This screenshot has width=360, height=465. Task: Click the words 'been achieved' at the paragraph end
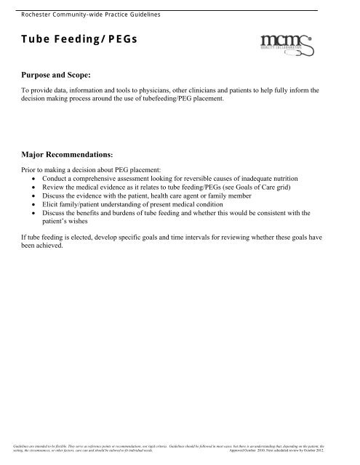coord(43,247)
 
